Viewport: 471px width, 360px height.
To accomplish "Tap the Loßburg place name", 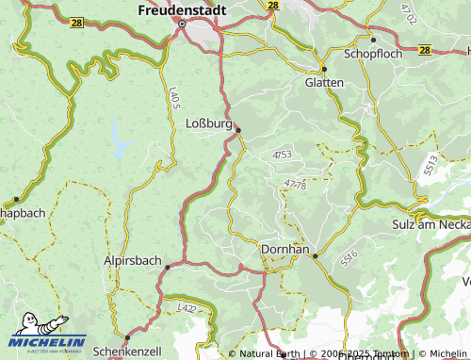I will pos(208,123).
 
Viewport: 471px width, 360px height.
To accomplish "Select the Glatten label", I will pos(324,83).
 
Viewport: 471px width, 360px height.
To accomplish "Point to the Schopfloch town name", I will pos(373,54).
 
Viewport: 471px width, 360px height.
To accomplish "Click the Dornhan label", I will pos(284,248).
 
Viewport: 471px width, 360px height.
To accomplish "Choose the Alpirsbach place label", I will pos(132,259).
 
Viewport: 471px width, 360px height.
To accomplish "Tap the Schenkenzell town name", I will pos(128,350).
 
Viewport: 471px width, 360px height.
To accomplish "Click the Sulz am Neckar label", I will pos(430,224).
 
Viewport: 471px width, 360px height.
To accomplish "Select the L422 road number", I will pos(187,307).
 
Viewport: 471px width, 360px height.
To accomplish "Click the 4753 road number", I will pos(282,154).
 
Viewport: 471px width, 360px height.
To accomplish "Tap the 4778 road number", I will pos(294,185).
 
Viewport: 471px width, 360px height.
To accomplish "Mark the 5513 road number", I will pos(430,166).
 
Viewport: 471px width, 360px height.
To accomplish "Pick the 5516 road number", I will pos(349,255).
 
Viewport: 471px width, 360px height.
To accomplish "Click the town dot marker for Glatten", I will pos(323,69).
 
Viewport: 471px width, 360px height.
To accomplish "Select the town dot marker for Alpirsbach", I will pos(168,268).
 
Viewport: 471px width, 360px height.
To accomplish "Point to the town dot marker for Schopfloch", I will pos(373,40).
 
